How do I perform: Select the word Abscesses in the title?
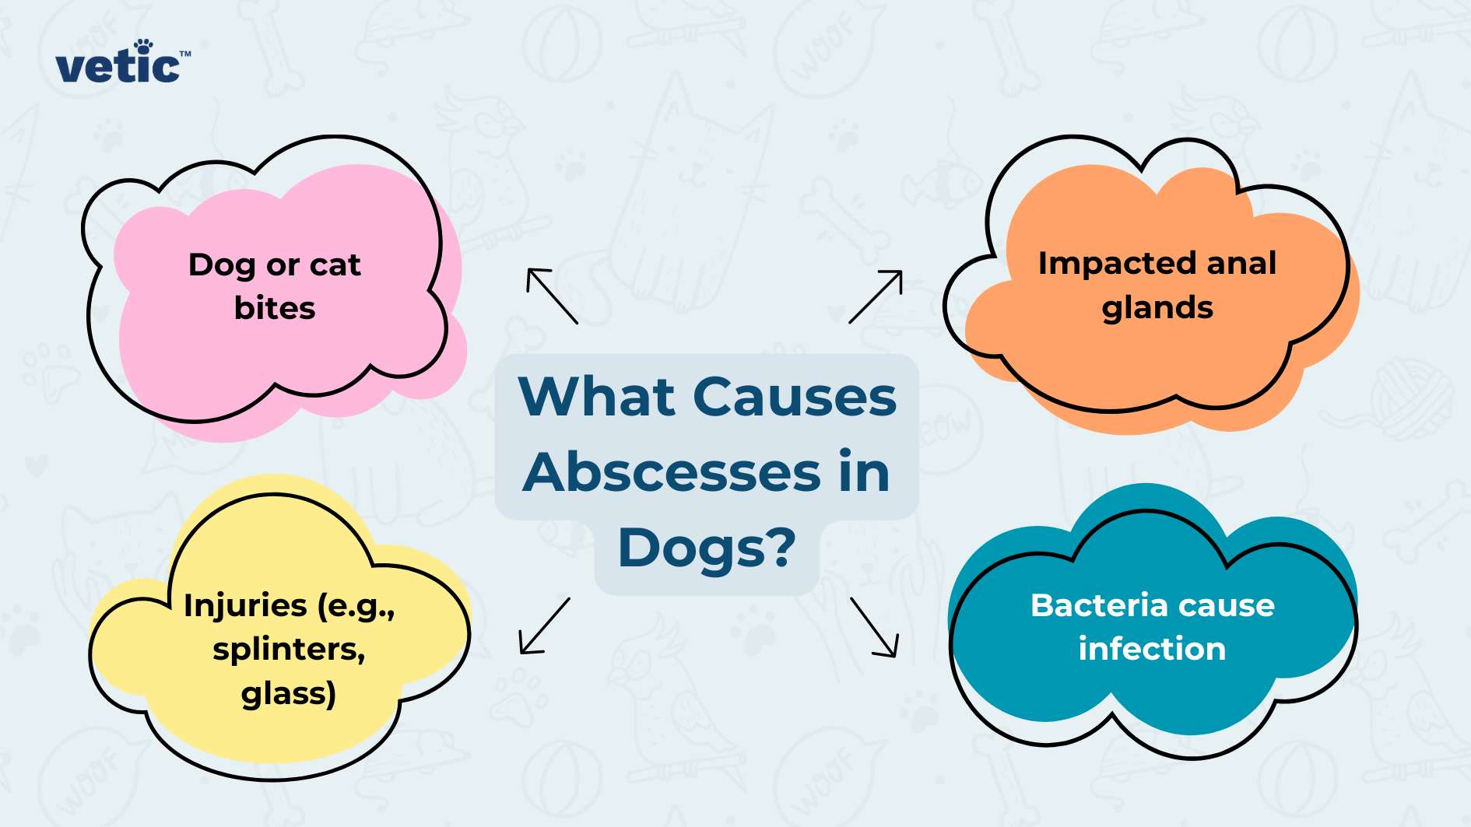pyautogui.click(x=671, y=472)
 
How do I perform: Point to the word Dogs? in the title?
pyautogui.click(x=707, y=548)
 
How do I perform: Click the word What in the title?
pyautogui.click(x=596, y=397)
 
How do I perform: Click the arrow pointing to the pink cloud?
pyautogui.click(x=552, y=296)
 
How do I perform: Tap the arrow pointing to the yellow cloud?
pyautogui.click(x=545, y=626)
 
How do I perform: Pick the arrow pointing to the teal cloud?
pyautogui.click(x=875, y=627)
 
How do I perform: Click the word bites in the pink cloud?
pyautogui.click(x=275, y=308)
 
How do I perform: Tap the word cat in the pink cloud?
pyautogui.click(x=335, y=265)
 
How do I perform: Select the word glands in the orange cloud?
pyautogui.click(x=1157, y=308)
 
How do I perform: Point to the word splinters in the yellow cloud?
pyautogui.click(x=289, y=649)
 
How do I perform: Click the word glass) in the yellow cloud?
pyautogui.click(x=288, y=693)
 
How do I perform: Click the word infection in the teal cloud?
pyautogui.click(x=1152, y=649)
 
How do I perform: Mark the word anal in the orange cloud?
pyautogui.click(x=1241, y=264)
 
